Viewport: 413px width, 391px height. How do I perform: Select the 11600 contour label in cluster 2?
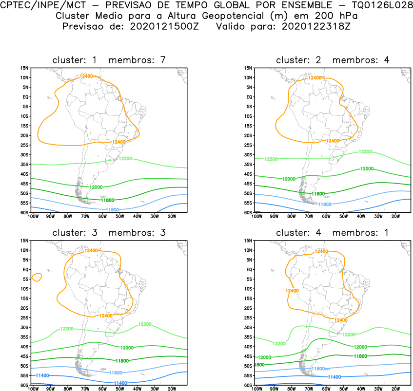click(325, 204)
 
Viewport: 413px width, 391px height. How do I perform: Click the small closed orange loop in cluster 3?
click(36, 277)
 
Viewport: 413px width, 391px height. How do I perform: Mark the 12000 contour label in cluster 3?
click(127, 348)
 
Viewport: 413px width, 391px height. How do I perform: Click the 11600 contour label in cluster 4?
click(318, 369)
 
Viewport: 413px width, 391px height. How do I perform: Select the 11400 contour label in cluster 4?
click(334, 377)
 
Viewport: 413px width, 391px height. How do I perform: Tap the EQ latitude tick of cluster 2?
click(248, 97)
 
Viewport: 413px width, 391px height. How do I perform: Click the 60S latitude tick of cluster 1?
click(24, 213)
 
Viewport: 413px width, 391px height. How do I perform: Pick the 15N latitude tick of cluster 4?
click(248, 241)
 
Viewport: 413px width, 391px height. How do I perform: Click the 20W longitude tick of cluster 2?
click(395, 216)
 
